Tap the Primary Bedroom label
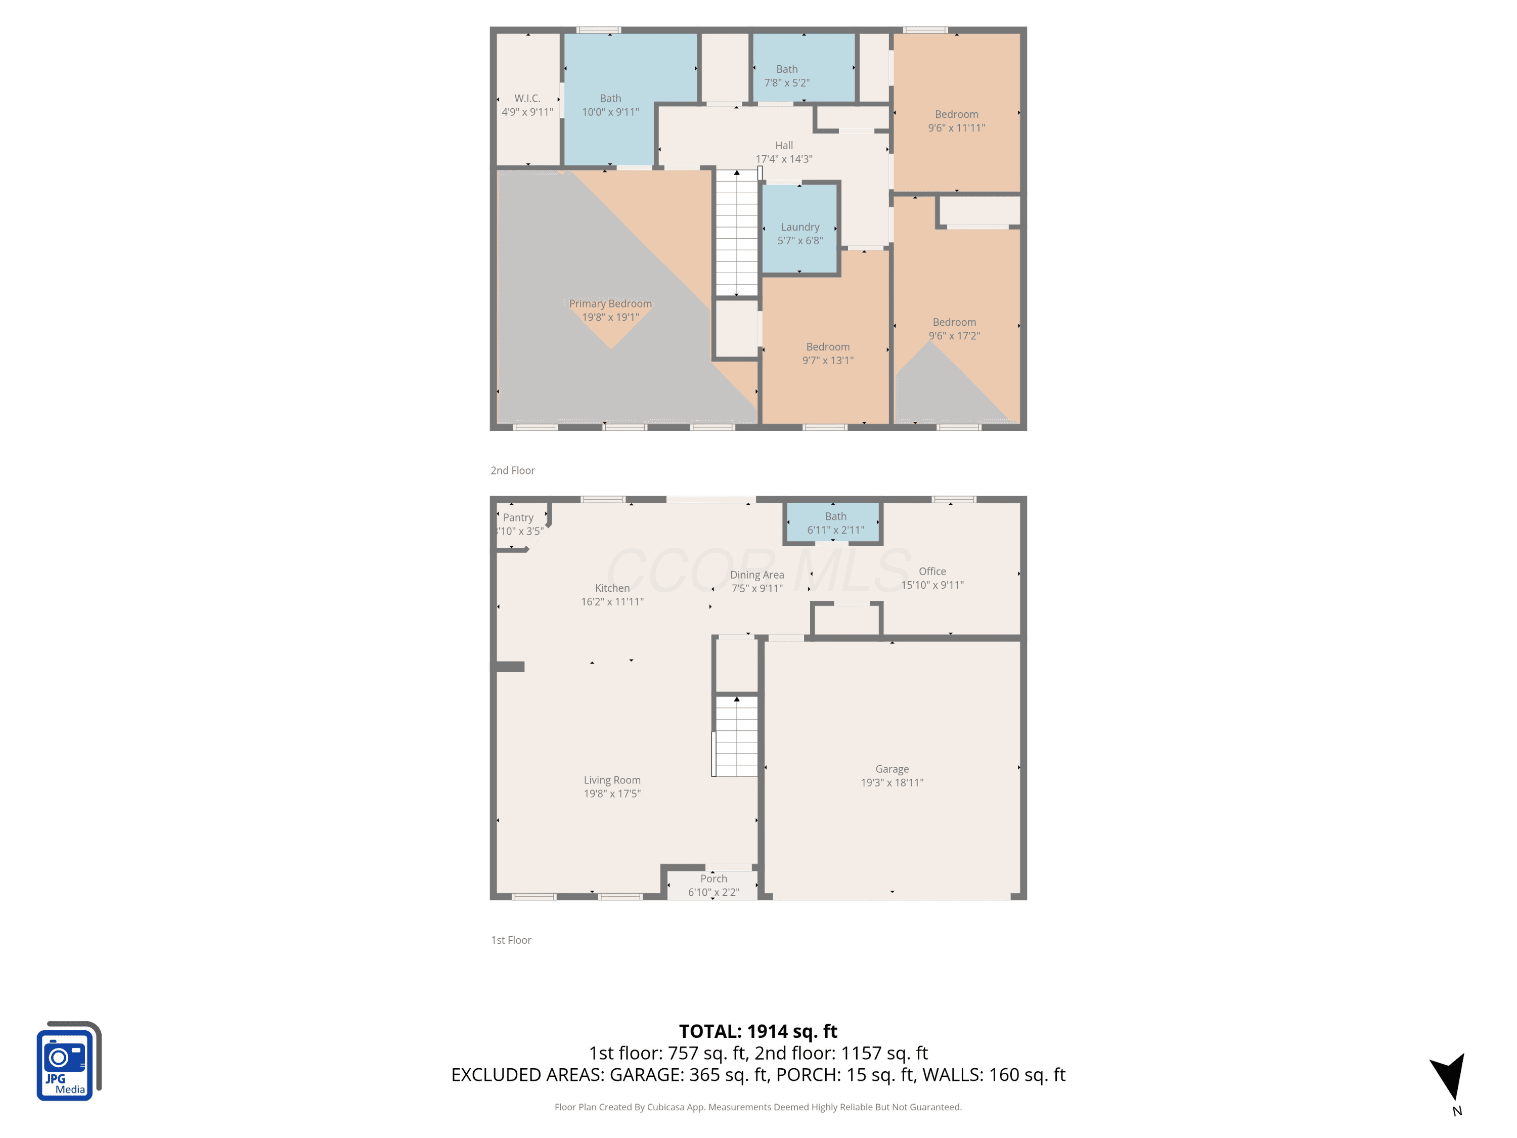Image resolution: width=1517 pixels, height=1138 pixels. pyautogui.click(x=610, y=303)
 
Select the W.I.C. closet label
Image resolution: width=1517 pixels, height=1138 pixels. pyautogui.click(x=527, y=98)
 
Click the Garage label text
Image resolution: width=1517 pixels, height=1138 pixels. pyautogui.click(x=891, y=769)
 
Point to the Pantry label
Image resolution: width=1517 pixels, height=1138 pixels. pyautogui.click(x=518, y=517)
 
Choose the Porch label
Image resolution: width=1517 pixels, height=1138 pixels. pyautogui.click(x=713, y=878)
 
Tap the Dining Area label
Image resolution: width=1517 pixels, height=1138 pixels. pyautogui.click(x=756, y=575)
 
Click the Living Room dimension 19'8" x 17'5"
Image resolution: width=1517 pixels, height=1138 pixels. pyautogui.click(x=612, y=794)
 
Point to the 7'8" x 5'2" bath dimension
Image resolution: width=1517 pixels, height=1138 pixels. pyautogui.click(x=787, y=82)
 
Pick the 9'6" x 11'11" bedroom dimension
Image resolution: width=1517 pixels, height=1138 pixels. pyautogui.click(x=956, y=127)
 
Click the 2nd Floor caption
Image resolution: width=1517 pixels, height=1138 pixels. pyautogui.click(x=512, y=470)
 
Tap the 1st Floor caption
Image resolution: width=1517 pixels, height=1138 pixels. pyautogui.click(x=511, y=940)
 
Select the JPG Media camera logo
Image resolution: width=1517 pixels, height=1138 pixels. pyautogui.click(x=69, y=1061)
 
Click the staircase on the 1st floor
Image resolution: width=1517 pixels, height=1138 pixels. pyautogui.click(x=736, y=736)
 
